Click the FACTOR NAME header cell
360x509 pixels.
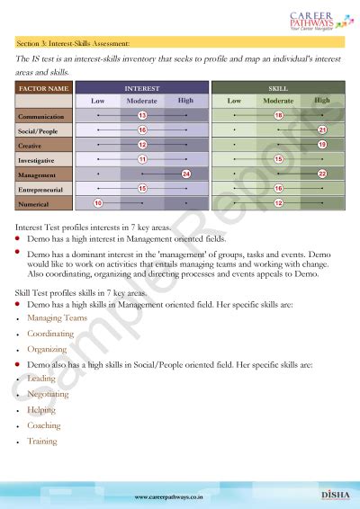(x=43, y=89)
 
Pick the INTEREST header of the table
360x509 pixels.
(x=142, y=89)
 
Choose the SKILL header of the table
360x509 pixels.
(x=278, y=89)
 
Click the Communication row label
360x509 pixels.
(x=40, y=117)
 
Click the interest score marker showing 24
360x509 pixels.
(x=185, y=174)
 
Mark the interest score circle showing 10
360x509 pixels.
(x=98, y=203)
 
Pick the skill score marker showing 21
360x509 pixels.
(x=322, y=130)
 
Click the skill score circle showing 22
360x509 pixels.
(x=322, y=174)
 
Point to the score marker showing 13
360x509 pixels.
(x=142, y=116)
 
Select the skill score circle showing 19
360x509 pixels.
(x=322, y=145)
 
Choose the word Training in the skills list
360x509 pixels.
(x=42, y=441)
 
